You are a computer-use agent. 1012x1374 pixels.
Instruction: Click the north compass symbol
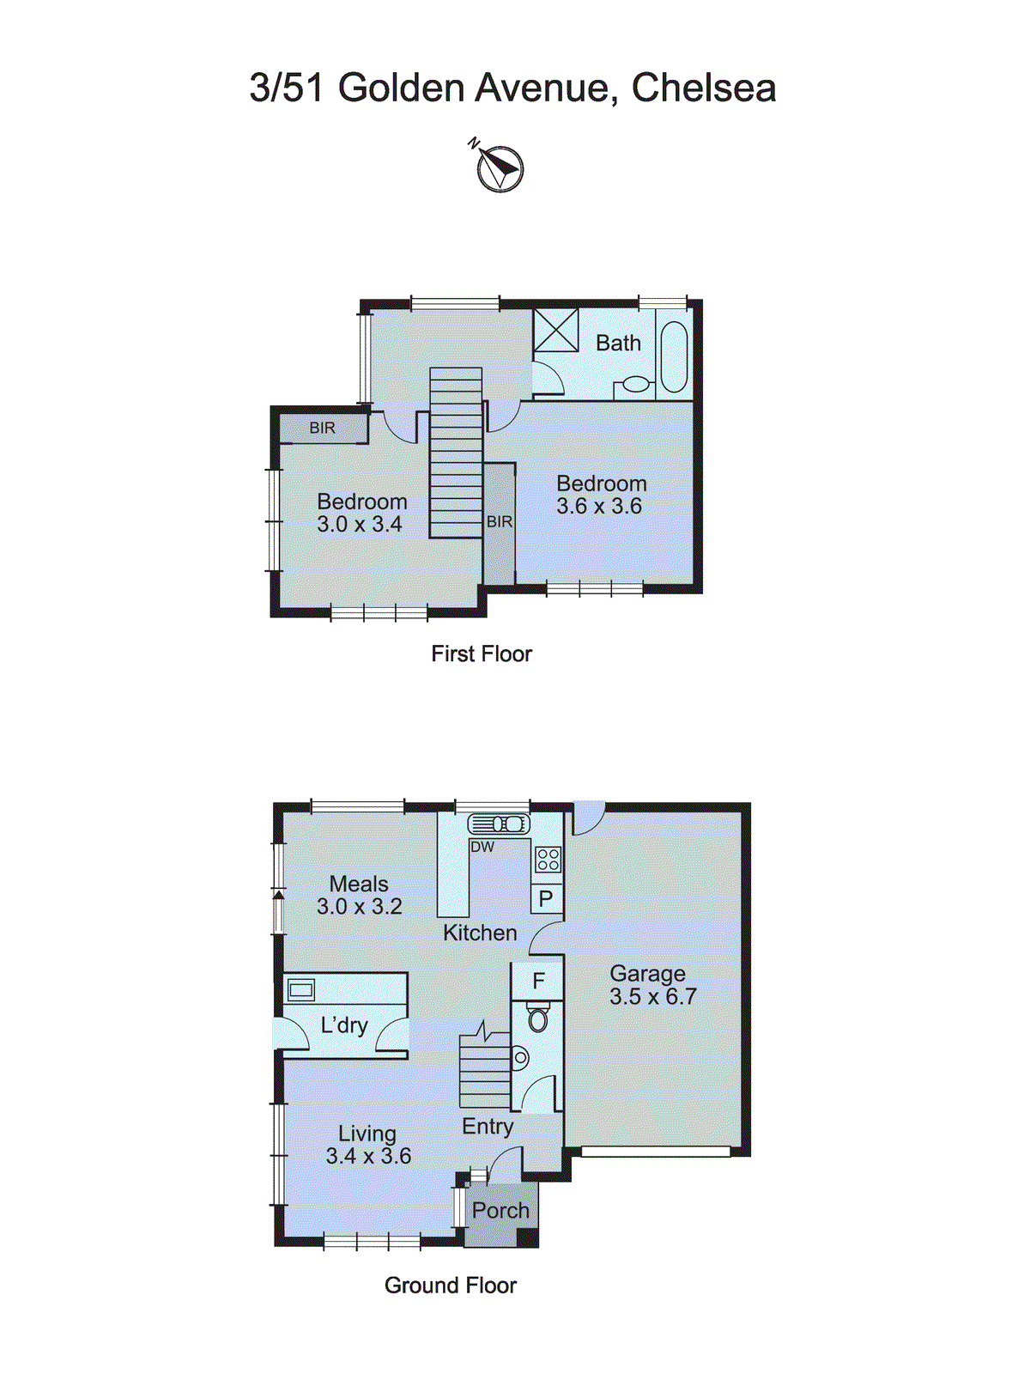coord(500,167)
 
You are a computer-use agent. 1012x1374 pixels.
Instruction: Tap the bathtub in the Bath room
coord(675,356)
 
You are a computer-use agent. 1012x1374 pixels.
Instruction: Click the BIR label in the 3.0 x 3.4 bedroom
coord(323,428)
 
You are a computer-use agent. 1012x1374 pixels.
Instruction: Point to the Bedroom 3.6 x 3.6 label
coord(600,495)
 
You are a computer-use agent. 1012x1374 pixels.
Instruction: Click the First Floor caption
coord(481,654)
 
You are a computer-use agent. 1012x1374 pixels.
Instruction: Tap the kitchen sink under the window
coord(499,824)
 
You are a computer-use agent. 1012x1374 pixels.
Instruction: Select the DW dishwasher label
coord(482,847)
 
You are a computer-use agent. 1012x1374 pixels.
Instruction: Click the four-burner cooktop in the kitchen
coord(548,859)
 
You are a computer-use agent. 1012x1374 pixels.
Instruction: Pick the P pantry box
coord(546,899)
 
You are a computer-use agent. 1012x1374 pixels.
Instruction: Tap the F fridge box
coord(538,981)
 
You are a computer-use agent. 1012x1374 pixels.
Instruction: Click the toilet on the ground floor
coord(538,1018)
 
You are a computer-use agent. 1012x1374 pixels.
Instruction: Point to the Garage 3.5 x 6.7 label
coord(652,985)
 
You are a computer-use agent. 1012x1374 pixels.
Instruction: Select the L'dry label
coord(344,1024)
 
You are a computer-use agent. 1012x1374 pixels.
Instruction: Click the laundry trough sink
coord(301,989)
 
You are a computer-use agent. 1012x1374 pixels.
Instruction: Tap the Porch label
coord(500,1211)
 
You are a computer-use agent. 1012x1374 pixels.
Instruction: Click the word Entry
coord(488,1127)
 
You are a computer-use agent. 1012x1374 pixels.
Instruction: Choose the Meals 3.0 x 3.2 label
coord(359,895)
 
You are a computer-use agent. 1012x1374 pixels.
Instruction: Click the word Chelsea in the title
coord(704,88)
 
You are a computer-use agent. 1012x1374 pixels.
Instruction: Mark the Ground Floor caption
coord(450,1286)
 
